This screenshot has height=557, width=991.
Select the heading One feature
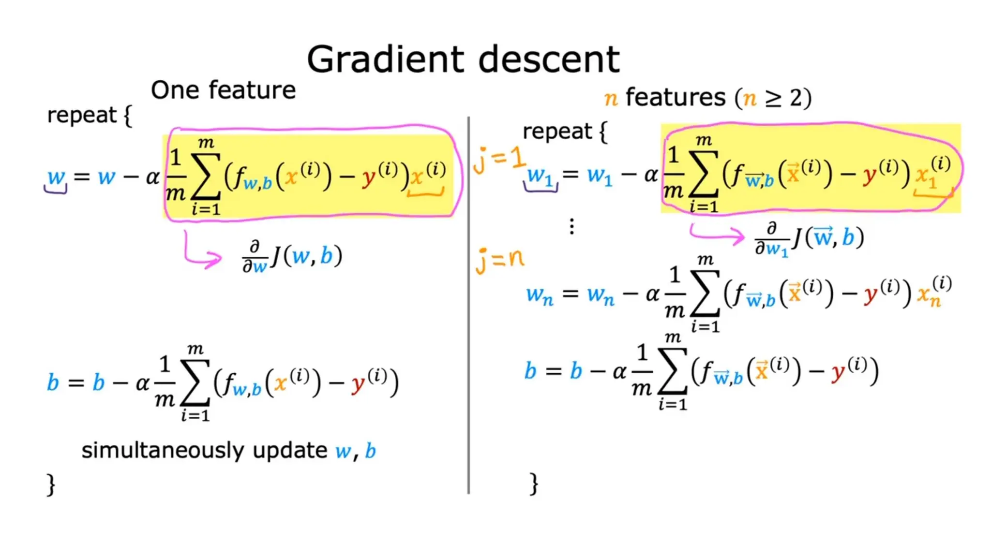pyautogui.click(x=223, y=90)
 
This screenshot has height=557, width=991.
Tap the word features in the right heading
pyautogui.click(x=676, y=98)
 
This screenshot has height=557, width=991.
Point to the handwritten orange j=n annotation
pyautogui.click(x=500, y=260)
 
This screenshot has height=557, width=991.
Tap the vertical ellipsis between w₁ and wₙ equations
pyautogui.click(x=572, y=226)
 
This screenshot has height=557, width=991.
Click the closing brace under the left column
pyautogui.click(x=51, y=484)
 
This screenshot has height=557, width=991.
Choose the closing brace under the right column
pyautogui.click(x=534, y=484)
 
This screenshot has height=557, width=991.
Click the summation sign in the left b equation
pyautogui.click(x=195, y=382)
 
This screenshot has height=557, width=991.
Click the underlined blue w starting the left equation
pyautogui.click(x=56, y=177)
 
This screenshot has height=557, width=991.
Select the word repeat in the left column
pyautogui.click(x=81, y=116)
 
